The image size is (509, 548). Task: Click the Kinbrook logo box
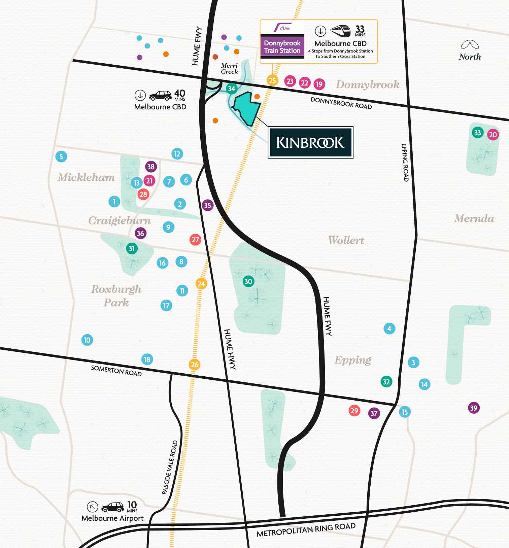click(x=310, y=142)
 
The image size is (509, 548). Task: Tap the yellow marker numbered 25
click(x=272, y=80)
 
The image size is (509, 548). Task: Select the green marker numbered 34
click(x=231, y=89)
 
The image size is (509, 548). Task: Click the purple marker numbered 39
click(x=473, y=408)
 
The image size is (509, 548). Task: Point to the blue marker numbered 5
click(x=61, y=157)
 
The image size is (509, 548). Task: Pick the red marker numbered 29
click(x=354, y=410)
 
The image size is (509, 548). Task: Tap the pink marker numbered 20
click(x=493, y=135)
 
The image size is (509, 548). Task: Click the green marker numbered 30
click(x=248, y=281)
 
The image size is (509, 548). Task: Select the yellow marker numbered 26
click(x=195, y=365)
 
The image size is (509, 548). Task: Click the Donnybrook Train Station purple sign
click(x=282, y=47)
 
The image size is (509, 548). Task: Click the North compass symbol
click(x=470, y=45)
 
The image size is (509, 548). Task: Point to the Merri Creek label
click(x=229, y=68)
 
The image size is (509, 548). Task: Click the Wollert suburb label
click(x=346, y=240)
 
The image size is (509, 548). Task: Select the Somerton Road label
click(x=116, y=371)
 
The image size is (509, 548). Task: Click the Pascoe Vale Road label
click(x=169, y=467)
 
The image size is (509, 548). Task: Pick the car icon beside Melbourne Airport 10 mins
click(x=112, y=507)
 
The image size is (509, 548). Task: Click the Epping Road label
click(x=405, y=162)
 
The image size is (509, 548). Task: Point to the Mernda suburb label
click(x=474, y=218)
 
